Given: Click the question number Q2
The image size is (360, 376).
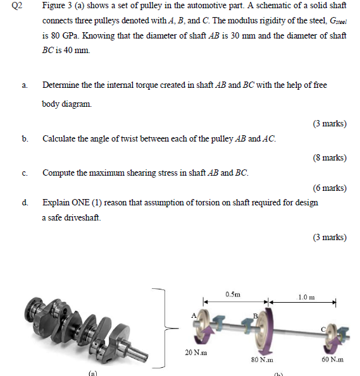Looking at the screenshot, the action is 17,5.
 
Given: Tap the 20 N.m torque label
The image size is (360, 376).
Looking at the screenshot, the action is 196,353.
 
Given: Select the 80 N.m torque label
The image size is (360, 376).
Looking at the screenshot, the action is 262,360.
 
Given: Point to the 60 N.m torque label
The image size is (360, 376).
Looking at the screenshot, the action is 332,360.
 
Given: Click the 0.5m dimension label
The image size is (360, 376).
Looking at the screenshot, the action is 233,294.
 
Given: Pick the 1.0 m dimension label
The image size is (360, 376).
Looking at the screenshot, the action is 306,298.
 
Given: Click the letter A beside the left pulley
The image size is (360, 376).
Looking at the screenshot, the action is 194,315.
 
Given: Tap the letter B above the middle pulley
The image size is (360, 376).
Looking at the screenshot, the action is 256,316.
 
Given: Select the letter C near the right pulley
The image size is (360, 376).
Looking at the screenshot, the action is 323,330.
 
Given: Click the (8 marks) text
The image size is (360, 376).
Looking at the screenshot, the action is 330,157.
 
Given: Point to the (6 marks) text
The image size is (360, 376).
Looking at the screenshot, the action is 330,188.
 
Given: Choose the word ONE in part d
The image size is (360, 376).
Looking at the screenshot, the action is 80,203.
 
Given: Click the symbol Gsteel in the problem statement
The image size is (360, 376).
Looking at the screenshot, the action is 338,21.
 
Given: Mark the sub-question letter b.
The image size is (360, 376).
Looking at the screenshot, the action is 25,138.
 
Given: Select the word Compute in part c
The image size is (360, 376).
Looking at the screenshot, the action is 58,173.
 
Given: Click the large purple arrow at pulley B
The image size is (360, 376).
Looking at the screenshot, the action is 269,331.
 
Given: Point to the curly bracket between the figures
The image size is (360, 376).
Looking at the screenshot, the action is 165,328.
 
